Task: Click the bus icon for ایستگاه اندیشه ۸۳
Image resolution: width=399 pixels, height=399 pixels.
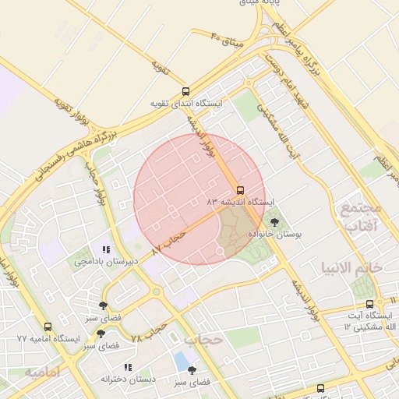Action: pyautogui.click(x=239, y=189)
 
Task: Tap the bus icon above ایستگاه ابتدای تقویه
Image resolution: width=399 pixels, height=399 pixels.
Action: pyautogui.click(x=185, y=91)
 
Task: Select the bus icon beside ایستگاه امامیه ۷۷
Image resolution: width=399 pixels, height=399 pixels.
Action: pyautogui.click(x=48, y=327)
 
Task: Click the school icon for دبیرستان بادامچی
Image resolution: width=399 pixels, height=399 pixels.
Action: pyautogui.click(x=106, y=250)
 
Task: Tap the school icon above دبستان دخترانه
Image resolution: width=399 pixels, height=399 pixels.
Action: pyautogui.click(x=128, y=367)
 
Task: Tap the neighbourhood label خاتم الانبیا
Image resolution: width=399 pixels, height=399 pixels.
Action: pyautogui.click(x=351, y=267)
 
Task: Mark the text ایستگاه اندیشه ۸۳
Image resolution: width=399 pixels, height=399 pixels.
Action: pyautogui.click(x=240, y=201)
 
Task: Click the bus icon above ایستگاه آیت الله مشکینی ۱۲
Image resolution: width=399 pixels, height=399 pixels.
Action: pyautogui.click(x=369, y=304)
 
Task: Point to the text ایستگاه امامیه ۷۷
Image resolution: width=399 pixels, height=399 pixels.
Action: pyautogui.click(x=48, y=340)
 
